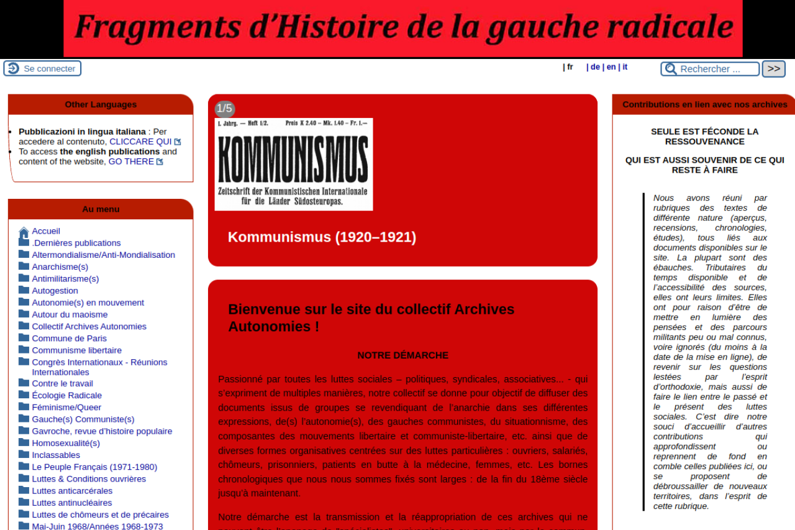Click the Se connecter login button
point(42,68)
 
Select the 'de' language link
point(595,67)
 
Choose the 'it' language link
point(625,67)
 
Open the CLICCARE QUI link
point(140,142)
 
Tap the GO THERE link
point(131,162)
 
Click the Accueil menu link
point(46,231)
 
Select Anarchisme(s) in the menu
point(60,267)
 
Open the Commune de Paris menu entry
point(69,339)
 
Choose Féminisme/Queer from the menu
point(66,408)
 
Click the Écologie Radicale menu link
point(66,396)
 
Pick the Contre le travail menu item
point(62,384)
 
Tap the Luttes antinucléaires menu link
point(72,503)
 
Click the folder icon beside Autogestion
point(24,290)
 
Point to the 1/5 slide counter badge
point(224,109)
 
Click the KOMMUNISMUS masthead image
point(294,164)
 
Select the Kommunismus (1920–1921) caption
point(322,237)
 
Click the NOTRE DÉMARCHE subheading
point(402,355)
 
